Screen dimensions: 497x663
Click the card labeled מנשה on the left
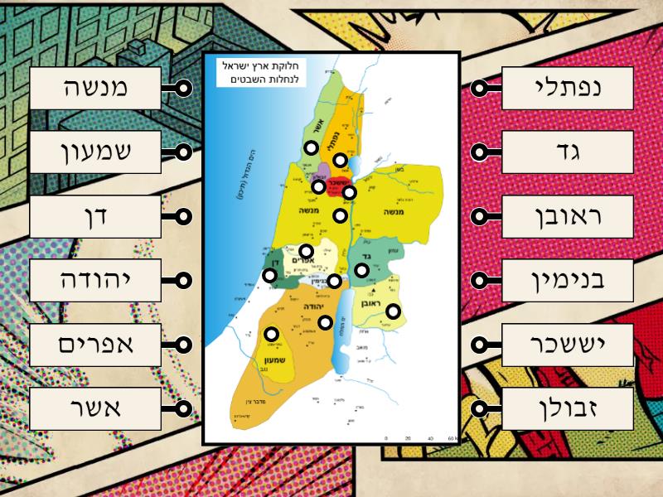[x=95, y=88]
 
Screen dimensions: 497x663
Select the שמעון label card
[x=95, y=152]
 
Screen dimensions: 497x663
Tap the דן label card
[x=95, y=217]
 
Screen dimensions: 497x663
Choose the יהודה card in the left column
[x=95, y=281]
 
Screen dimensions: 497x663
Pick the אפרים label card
[x=95, y=345]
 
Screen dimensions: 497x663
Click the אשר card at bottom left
[x=95, y=408]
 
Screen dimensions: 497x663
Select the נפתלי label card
[x=568, y=88]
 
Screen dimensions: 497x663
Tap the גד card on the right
[x=568, y=152]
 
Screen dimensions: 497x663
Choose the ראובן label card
[x=568, y=217]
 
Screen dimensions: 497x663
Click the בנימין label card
[x=568, y=281]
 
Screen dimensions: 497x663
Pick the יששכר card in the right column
[x=568, y=345]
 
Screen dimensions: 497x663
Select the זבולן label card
[x=568, y=408]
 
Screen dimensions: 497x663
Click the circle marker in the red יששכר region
[x=349, y=192]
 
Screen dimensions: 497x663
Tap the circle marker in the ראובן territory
[x=393, y=311]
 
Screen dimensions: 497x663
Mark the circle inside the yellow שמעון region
[x=271, y=334]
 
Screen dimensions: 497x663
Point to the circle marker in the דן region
[x=269, y=275]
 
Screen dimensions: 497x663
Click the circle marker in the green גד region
[x=361, y=269]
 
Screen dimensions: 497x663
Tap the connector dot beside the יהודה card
[x=184, y=281]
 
